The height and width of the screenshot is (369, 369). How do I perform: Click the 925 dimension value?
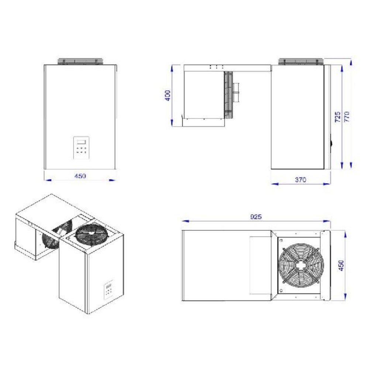click(x=255, y=217)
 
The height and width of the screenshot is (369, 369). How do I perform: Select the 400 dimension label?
click(x=168, y=96)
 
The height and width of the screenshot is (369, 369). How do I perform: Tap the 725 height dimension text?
click(x=337, y=116)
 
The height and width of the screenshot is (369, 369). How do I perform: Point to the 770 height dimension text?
click(x=346, y=116)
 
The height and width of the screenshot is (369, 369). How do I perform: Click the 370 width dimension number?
click(x=300, y=180)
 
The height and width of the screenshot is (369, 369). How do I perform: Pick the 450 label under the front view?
click(x=80, y=176)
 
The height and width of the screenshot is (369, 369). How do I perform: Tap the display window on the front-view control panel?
click(x=81, y=141)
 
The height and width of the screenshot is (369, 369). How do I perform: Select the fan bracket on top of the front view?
click(x=79, y=62)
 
